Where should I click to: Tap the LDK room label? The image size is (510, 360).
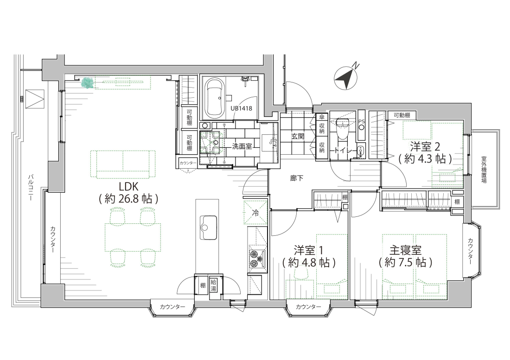click(128, 187)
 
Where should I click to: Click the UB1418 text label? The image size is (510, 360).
click(242, 108)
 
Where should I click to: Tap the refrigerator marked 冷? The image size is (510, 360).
click(255, 213)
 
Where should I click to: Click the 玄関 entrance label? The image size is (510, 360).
click(297, 137)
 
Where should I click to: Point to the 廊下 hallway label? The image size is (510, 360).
click(297, 178)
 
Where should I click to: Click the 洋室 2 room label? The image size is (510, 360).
click(425, 146)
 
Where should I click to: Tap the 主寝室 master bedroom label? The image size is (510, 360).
click(405, 250)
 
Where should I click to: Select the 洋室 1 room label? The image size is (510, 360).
click(308, 250)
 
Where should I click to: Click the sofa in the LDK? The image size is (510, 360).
click(123, 164)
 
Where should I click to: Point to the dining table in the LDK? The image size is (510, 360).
click(133, 237)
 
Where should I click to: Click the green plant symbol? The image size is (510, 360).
click(88, 83)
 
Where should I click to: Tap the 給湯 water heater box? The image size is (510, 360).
click(214, 285)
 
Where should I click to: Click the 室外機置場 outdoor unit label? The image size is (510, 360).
click(484, 170)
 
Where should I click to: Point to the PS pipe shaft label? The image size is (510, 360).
click(361, 121)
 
